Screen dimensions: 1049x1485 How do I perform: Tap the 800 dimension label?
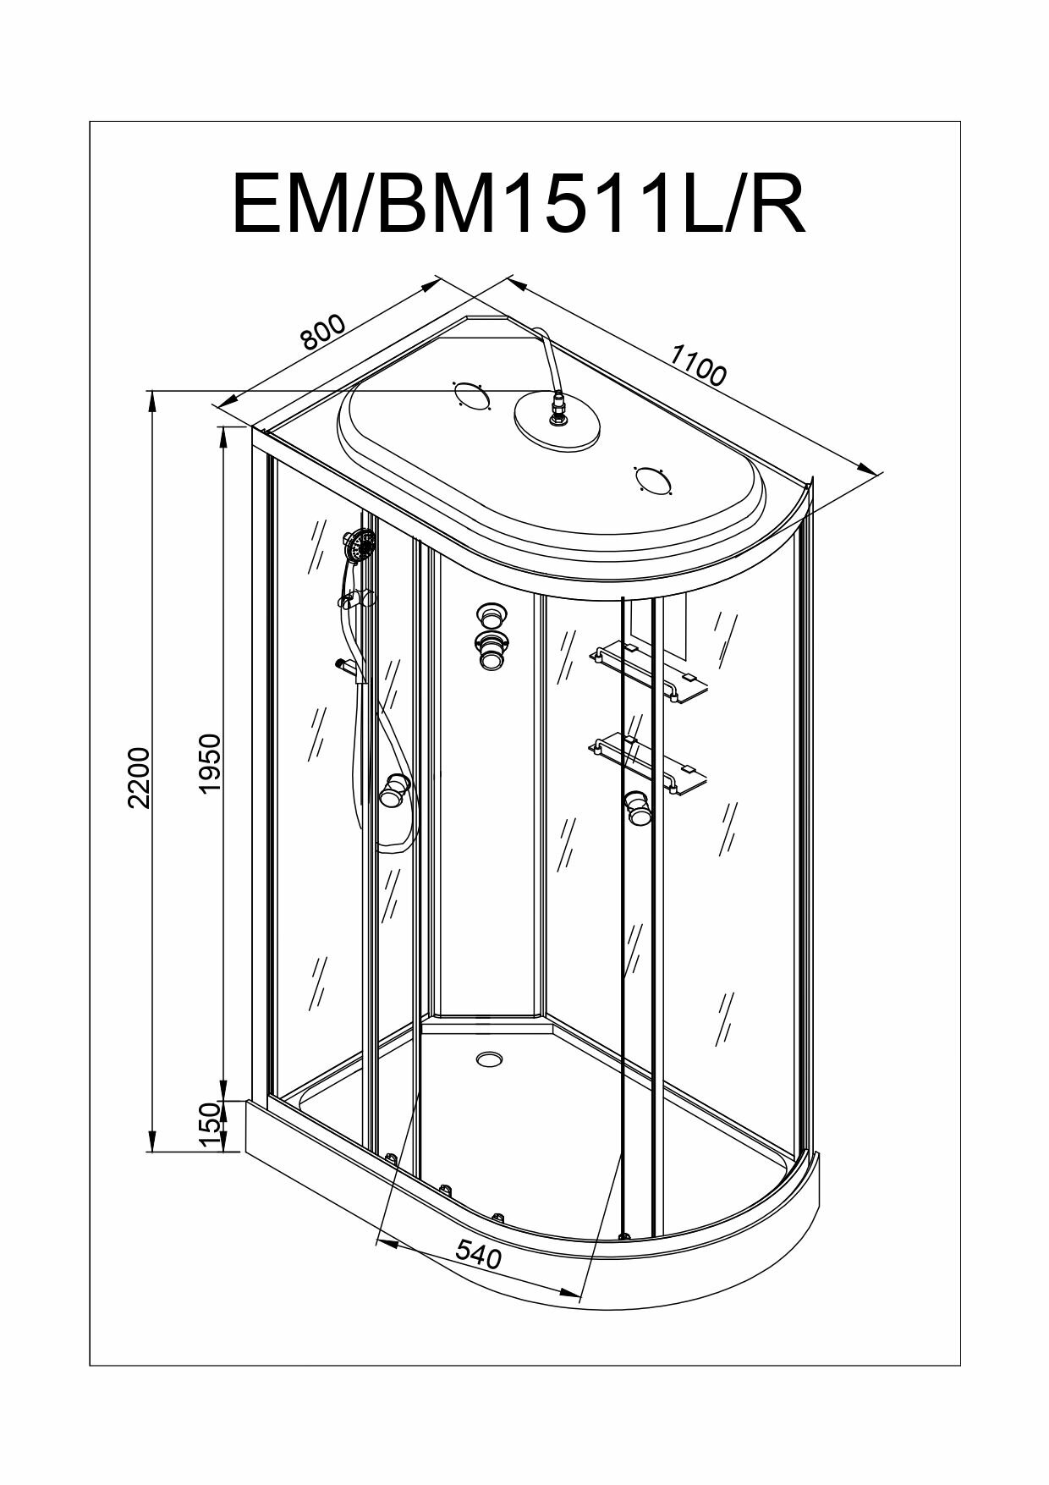pyautogui.click(x=323, y=332)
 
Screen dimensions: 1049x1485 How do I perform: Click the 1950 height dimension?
pyautogui.click(x=209, y=762)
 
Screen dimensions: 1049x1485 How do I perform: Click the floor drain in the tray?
pyautogui.click(x=489, y=1058)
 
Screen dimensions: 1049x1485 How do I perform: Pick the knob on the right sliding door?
pyautogui.click(x=638, y=806)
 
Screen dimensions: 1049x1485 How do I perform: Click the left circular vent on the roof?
pyautogui.click(x=471, y=395)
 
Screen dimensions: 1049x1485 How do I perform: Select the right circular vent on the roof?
pyautogui.click(x=653, y=480)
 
